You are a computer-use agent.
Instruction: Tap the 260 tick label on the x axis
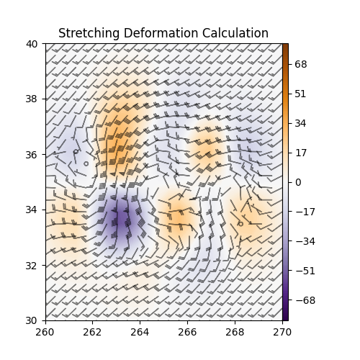tap(45, 332)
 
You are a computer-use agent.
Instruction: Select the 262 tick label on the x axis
tap(93, 332)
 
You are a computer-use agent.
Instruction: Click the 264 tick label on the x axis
tap(140, 332)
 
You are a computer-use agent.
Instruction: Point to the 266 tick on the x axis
tap(187, 332)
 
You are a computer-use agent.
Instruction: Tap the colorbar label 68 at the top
tap(301, 64)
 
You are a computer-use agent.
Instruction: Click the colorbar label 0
tap(298, 182)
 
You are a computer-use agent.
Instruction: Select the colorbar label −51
tap(303, 271)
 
